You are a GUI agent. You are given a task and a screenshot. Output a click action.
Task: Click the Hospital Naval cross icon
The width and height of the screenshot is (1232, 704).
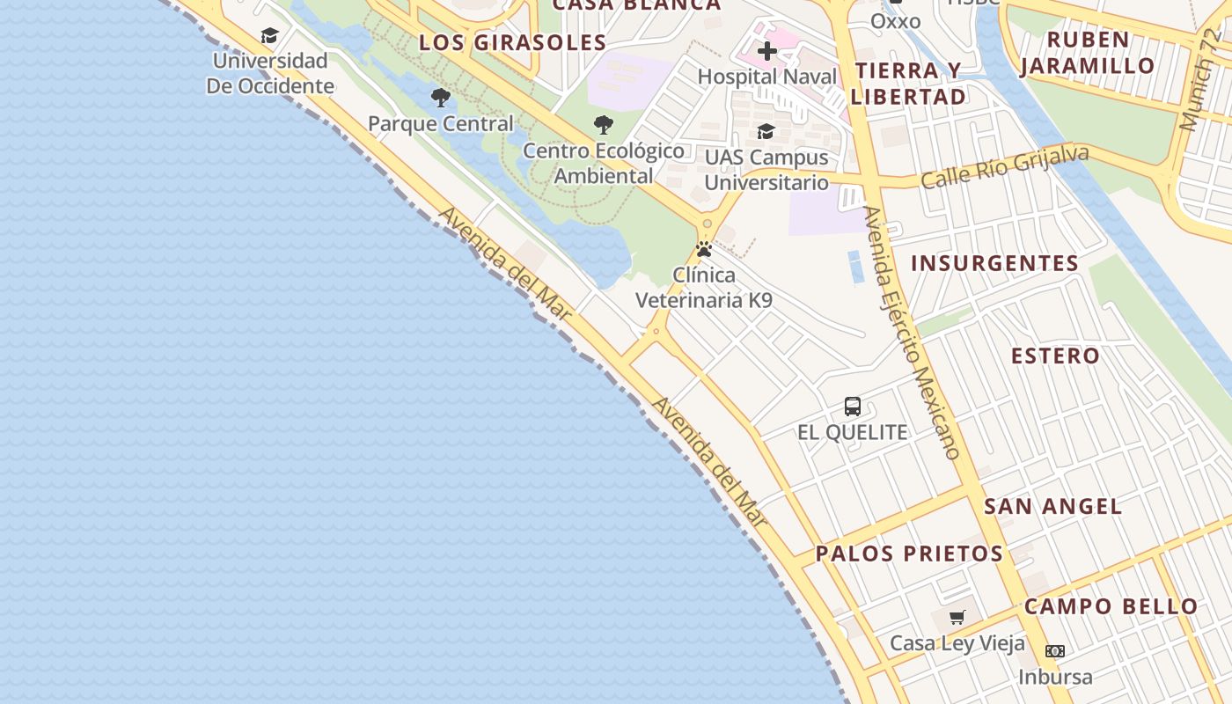767,51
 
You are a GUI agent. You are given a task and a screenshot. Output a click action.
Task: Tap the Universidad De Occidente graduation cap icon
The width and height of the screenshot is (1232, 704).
269,35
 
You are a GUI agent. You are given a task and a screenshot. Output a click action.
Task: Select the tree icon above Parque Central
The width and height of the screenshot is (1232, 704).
441,98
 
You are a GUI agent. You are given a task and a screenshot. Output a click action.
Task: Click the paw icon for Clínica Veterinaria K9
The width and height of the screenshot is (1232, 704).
704,249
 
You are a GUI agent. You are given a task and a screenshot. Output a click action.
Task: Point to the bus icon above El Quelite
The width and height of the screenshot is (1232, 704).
852,407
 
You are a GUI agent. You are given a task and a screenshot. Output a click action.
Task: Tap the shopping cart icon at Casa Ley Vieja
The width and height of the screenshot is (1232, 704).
957,617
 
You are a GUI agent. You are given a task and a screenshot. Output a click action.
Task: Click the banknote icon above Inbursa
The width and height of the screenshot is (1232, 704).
1055,651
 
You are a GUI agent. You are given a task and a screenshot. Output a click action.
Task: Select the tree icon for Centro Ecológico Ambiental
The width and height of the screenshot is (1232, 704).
603,125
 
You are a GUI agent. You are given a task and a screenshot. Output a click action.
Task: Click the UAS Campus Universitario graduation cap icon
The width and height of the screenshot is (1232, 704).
766,132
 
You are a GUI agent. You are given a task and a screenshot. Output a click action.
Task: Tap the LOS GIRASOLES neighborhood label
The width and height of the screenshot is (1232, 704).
512,42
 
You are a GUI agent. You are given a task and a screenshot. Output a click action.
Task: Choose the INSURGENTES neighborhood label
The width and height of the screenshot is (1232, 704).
994,263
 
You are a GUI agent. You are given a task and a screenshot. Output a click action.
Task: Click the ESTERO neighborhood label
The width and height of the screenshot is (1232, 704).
1055,356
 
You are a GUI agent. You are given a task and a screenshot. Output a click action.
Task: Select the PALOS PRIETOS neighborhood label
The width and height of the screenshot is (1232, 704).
909,554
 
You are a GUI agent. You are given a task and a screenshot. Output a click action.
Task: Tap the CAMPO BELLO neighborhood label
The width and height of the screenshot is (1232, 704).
1111,606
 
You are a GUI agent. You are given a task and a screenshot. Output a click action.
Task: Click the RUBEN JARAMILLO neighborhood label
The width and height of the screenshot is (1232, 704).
1088,53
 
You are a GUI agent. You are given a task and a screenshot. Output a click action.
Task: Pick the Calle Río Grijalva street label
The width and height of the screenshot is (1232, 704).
1005,166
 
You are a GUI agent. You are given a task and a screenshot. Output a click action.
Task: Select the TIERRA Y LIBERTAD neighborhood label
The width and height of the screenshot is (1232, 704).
908,84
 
